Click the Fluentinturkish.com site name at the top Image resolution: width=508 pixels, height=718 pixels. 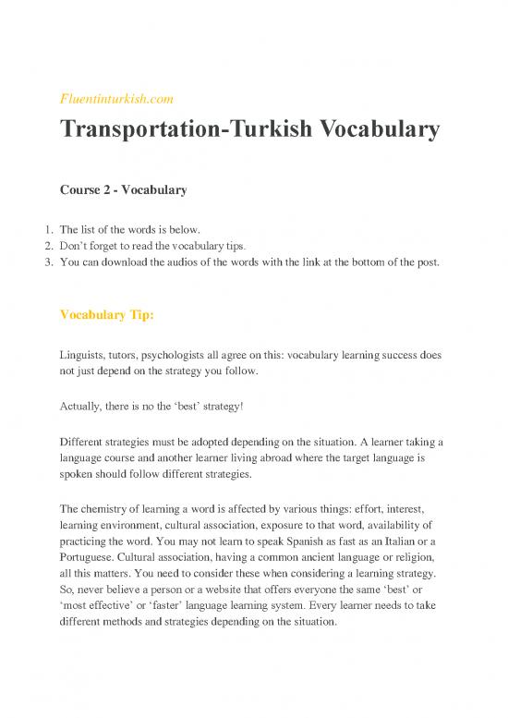point(116,97)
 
